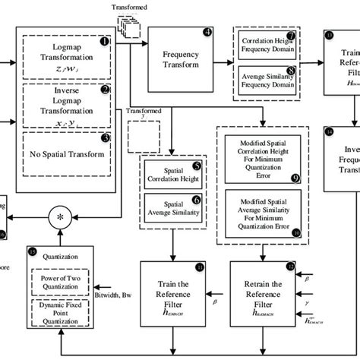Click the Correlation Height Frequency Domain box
click(267, 45)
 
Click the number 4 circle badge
click(208, 33)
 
